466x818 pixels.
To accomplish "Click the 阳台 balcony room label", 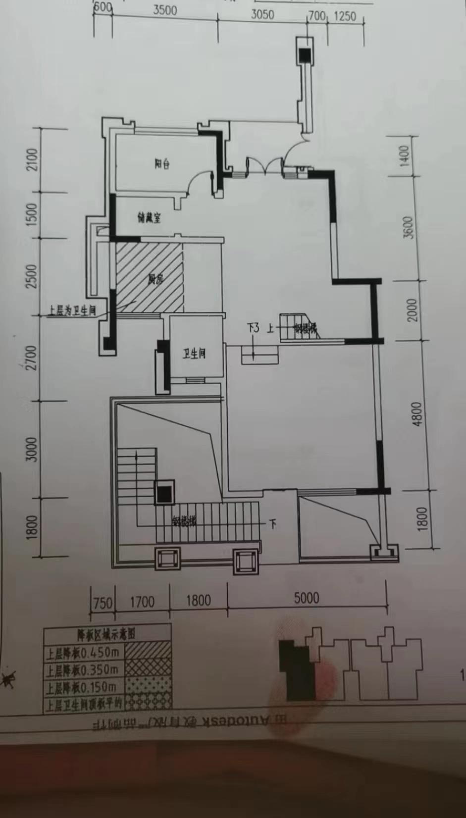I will [162, 163].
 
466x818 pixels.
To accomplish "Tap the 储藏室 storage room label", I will [149, 217].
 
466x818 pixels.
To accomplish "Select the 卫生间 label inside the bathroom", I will [194, 354].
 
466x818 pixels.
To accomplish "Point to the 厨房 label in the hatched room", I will [155, 279].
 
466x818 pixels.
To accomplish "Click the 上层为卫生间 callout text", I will [72, 311].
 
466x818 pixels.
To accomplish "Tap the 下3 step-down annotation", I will [253, 328].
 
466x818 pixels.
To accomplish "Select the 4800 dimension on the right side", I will [417, 414].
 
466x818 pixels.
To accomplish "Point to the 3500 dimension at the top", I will [165, 10].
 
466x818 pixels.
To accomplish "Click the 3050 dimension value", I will [262, 14].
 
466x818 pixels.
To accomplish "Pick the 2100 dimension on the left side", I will [32, 159].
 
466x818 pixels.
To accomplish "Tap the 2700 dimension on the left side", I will [32, 358].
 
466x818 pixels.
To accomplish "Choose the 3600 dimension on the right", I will [408, 227].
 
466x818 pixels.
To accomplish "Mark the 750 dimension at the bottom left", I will [103, 603].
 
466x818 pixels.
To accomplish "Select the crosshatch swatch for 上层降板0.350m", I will [148, 668].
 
